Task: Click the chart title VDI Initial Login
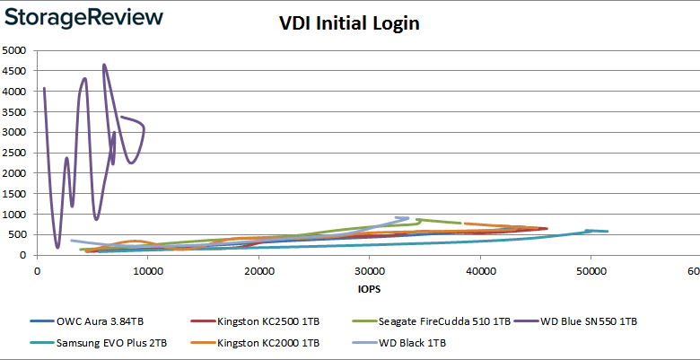point(349,24)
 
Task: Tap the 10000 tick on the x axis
point(147,269)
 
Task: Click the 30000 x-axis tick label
point(369,269)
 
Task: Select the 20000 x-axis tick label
point(258,269)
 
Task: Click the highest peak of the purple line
point(104,65)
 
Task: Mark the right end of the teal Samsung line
point(608,232)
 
